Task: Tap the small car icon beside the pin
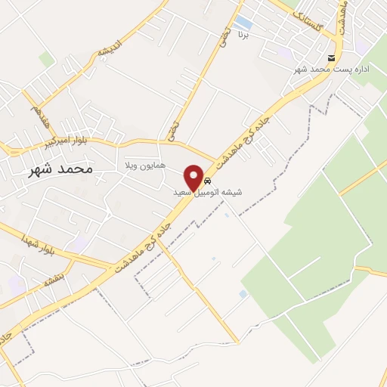coord(207,181)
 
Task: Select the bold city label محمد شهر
coord(60,169)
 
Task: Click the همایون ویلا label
coord(144,165)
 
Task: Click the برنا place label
coord(243,35)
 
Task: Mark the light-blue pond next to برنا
coord(243,22)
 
